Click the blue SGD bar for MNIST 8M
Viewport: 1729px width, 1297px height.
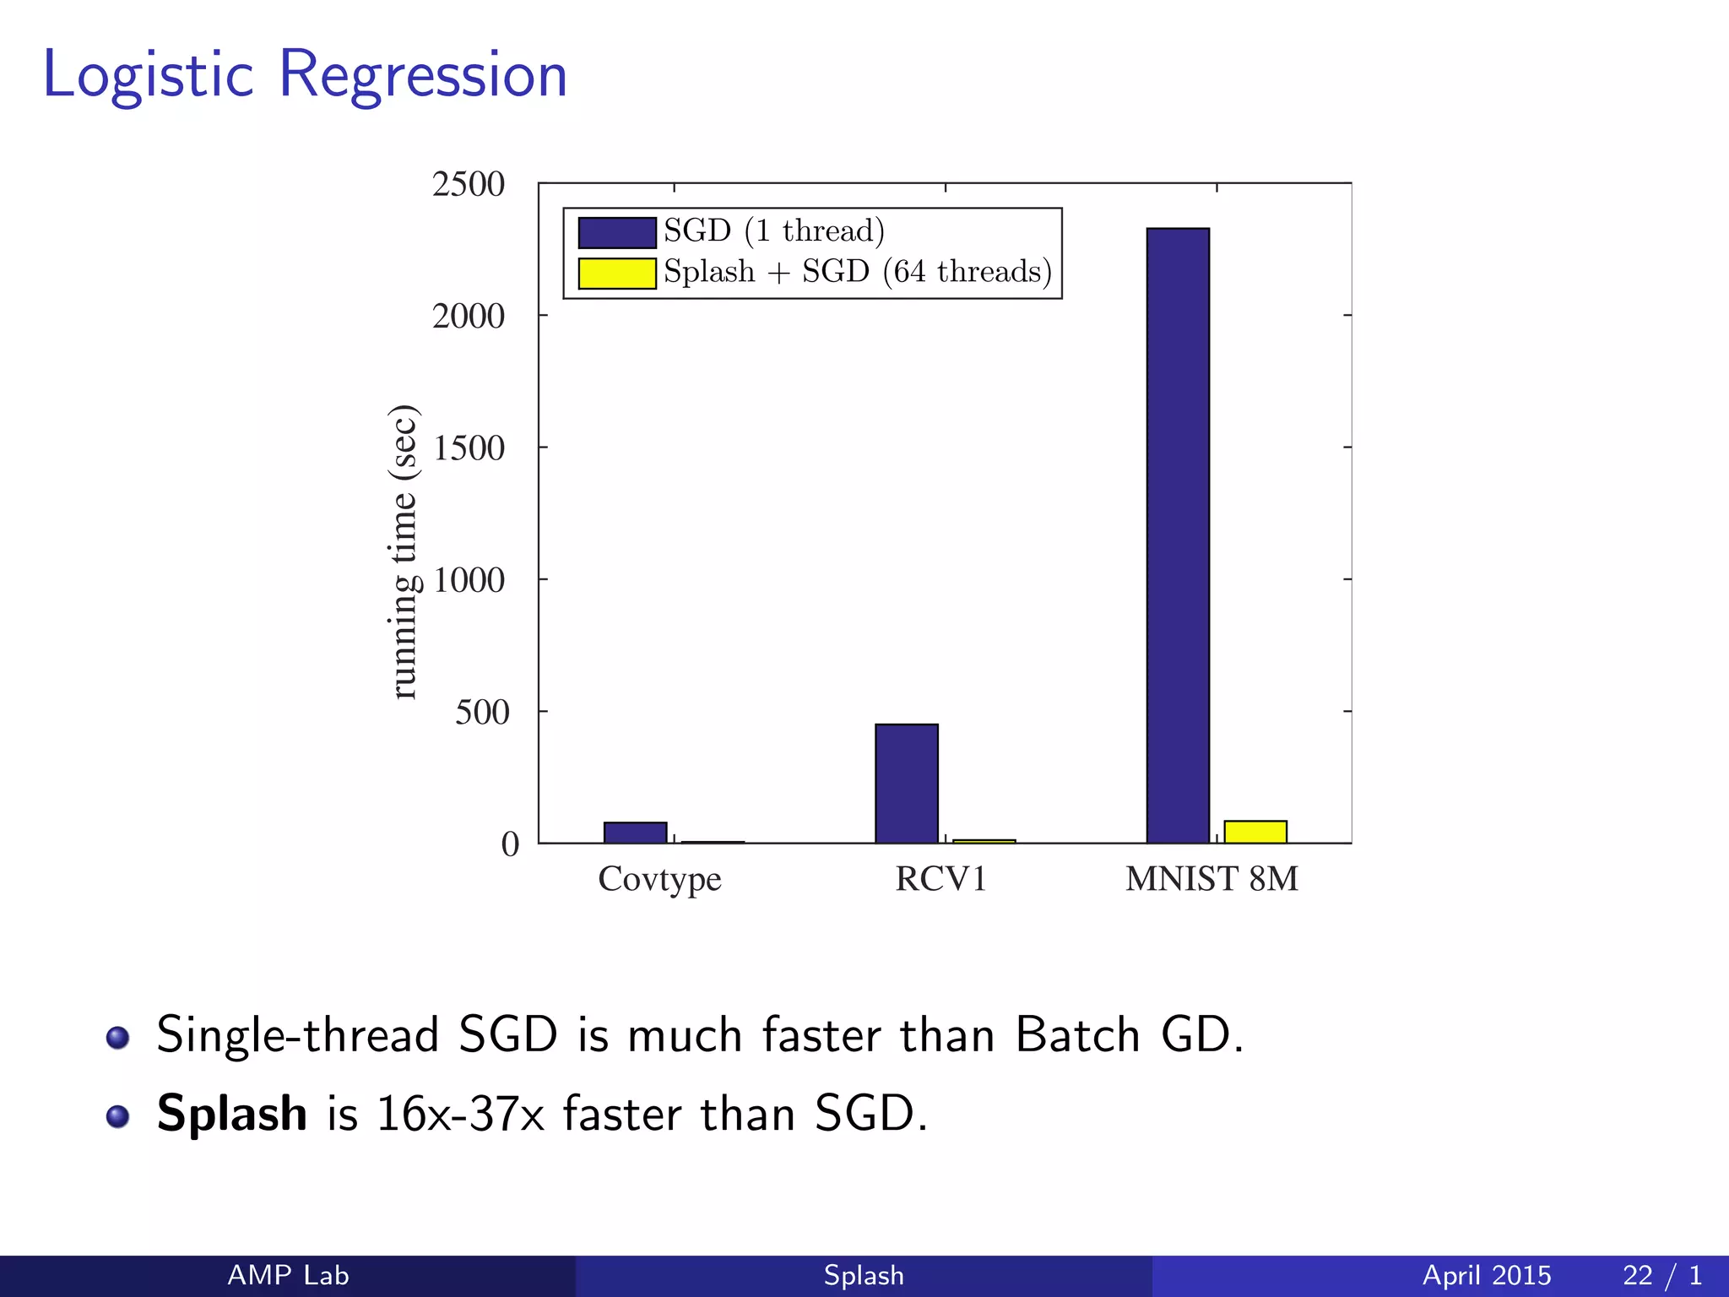1178,535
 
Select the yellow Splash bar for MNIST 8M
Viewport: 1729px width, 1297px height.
1255,832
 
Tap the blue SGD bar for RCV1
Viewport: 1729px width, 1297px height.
906,783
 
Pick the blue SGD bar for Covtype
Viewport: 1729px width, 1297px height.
635,833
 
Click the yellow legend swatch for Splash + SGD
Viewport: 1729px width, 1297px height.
616,274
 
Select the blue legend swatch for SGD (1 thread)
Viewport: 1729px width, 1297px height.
616,232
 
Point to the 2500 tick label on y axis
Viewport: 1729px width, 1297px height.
468,184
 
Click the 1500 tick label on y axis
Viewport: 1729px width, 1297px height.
468,448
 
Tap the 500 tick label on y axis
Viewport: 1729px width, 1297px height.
481,713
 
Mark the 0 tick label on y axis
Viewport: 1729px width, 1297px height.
510,844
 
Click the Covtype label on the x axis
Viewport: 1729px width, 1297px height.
659,880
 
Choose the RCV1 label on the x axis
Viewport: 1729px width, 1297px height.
940,879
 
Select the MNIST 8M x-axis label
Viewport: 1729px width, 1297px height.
1211,879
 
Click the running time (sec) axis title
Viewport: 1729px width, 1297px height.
404,552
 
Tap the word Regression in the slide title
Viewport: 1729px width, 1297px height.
422,76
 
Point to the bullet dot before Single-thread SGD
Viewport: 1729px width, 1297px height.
117,1037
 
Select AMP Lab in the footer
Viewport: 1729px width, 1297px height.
288,1275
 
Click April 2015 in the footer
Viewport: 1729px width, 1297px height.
1486,1275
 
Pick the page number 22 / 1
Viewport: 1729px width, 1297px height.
1661,1275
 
